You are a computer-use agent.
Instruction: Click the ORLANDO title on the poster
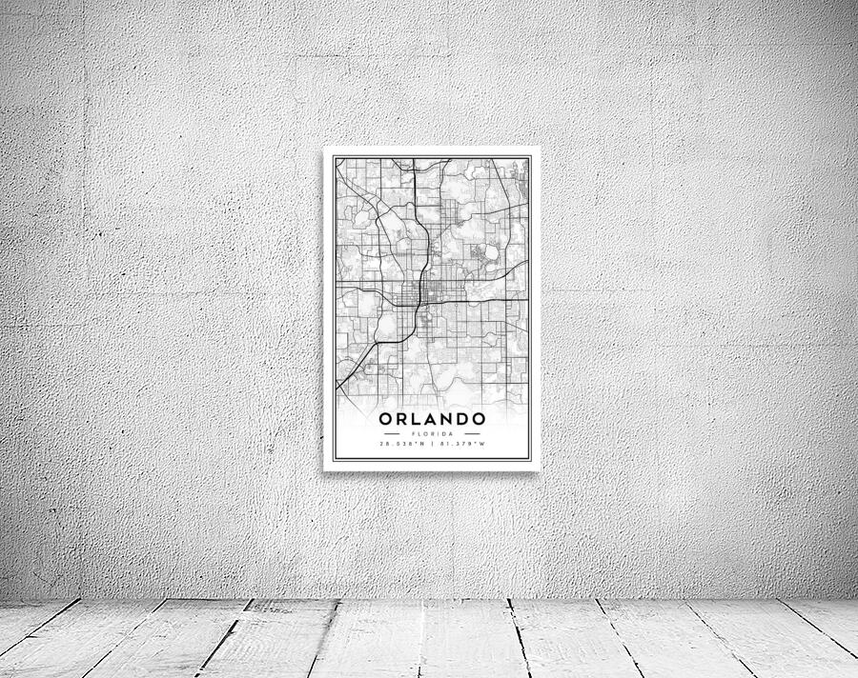click(x=432, y=419)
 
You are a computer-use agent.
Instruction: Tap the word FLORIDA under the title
click(x=432, y=433)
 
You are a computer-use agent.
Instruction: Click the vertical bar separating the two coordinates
click(x=432, y=444)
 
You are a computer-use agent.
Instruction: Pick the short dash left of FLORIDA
click(x=391, y=433)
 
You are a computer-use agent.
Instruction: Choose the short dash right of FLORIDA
click(x=473, y=433)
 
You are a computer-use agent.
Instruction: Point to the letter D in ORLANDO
click(x=462, y=419)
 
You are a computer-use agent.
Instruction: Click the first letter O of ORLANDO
click(x=386, y=419)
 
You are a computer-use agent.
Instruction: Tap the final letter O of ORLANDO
click(x=479, y=419)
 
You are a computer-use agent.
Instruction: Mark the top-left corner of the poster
click(x=324, y=148)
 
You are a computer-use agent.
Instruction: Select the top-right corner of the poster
click(x=540, y=148)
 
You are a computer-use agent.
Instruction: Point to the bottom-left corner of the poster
click(x=324, y=470)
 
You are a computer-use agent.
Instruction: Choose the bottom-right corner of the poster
click(x=540, y=470)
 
